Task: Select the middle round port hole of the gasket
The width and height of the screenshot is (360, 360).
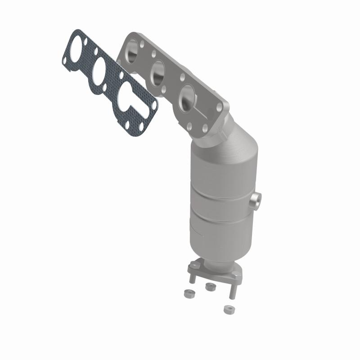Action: pyautogui.click(x=99, y=71)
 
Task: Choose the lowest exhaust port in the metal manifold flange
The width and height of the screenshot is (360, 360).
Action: pyautogui.click(x=187, y=96)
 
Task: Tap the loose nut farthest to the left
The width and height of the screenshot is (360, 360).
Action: pyautogui.click(x=188, y=293)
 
